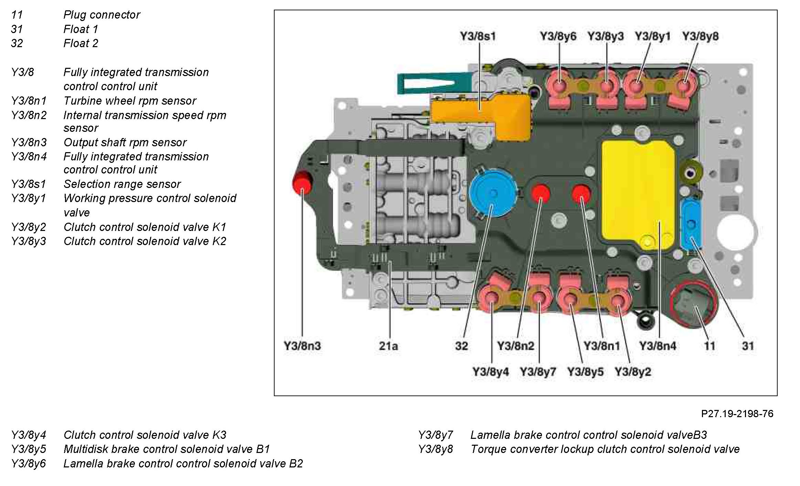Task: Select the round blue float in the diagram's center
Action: [x=493, y=193]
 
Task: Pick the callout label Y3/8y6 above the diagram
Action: [x=558, y=36]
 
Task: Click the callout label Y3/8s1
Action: [x=478, y=36]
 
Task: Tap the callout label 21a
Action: [x=388, y=346]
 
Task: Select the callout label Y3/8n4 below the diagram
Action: [x=657, y=346]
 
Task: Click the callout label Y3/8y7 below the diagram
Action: [x=538, y=372]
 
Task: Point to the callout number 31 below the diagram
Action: [x=748, y=346]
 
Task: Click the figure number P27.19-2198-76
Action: [x=737, y=413]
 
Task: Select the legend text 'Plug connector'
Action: [x=102, y=15]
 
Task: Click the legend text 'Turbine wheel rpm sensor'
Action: [x=130, y=101]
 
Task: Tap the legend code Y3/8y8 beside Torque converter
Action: [x=435, y=449]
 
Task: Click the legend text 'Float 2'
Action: [x=81, y=43]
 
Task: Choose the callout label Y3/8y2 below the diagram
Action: [x=633, y=372]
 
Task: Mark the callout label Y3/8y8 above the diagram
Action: [x=700, y=36]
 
